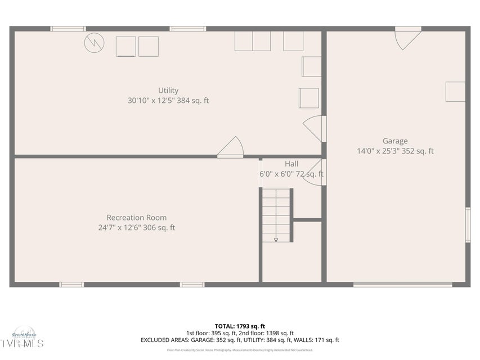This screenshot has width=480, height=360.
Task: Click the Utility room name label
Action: pyautogui.click(x=168, y=91)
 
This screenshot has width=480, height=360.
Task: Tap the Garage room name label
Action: pyautogui.click(x=395, y=141)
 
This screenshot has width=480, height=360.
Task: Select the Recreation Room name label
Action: pyautogui.click(x=137, y=218)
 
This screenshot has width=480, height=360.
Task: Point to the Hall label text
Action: pyautogui.click(x=291, y=164)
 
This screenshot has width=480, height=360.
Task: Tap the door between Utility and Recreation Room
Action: pyautogui.click(x=231, y=148)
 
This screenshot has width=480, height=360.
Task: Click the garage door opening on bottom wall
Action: pyautogui.click(x=402, y=285)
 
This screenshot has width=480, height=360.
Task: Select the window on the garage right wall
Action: pyautogui.click(x=468, y=225)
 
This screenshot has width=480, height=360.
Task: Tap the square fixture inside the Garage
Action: pyautogui.click(x=455, y=92)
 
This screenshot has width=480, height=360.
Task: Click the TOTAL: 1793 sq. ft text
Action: pyautogui.click(x=240, y=326)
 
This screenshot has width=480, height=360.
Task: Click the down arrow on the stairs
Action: pyautogui.click(x=276, y=239)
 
